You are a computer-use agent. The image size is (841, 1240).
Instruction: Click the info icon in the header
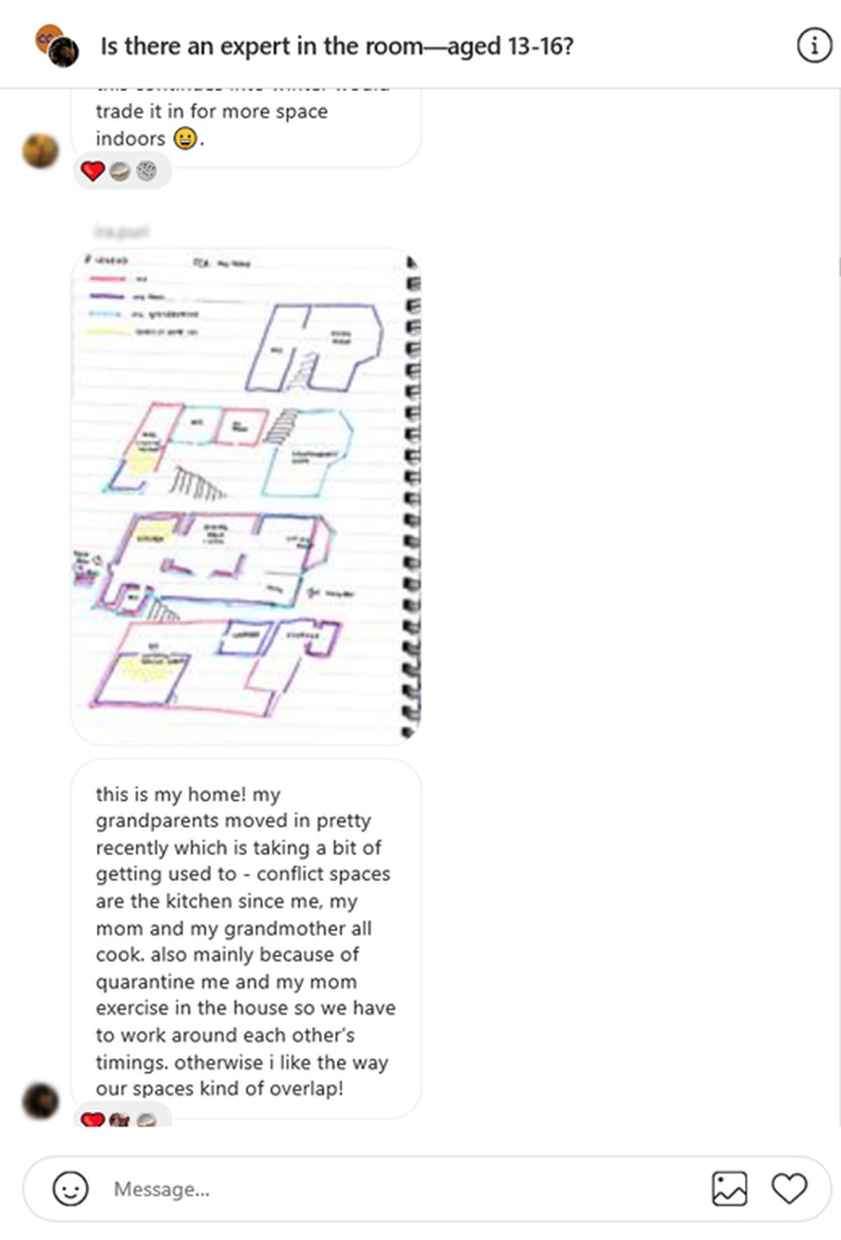[x=814, y=46]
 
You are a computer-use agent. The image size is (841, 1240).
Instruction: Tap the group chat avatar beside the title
[x=57, y=46]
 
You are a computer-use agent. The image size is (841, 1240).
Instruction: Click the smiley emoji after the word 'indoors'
[x=185, y=138]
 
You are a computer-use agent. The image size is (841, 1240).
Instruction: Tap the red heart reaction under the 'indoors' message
[x=93, y=171]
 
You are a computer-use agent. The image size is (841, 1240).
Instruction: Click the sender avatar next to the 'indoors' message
[x=41, y=151]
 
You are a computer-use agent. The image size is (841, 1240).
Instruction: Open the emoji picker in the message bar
[x=71, y=1189]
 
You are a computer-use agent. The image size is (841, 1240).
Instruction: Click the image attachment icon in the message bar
[x=730, y=1189]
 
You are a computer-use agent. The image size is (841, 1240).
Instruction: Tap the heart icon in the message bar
[x=789, y=1189]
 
